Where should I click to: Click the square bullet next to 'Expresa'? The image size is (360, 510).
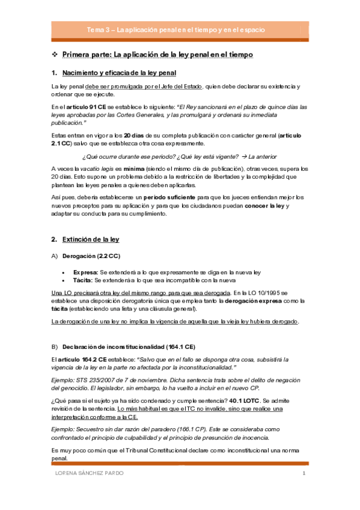(63, 255)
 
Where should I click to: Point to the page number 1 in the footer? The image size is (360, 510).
(304, 473)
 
